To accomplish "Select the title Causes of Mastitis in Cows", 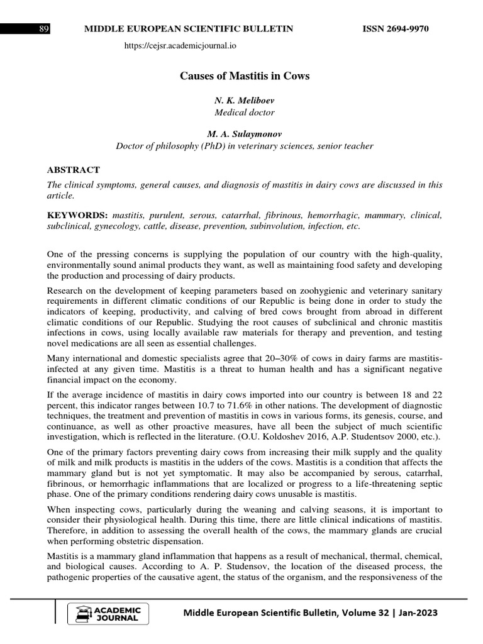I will [245, 76].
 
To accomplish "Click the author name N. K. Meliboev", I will [245, 101].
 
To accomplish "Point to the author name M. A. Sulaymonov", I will [245, 135].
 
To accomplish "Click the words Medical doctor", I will [245, 113].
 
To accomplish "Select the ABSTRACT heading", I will [74, 170].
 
